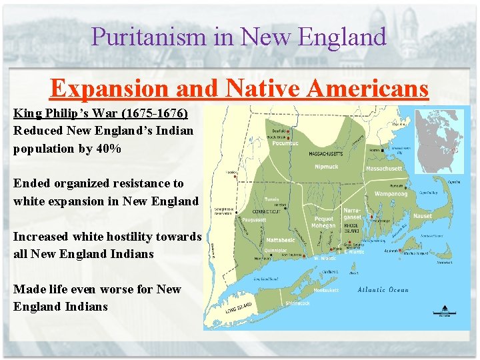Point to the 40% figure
click(107, 148)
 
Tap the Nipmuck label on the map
click(327, 166)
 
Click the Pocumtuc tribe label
click(285, 143)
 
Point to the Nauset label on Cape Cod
click(422, 216)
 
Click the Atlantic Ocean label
click(383, 290)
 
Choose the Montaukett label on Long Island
click(326, 290)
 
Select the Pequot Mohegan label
click(323, 222)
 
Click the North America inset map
click(438, 141)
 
